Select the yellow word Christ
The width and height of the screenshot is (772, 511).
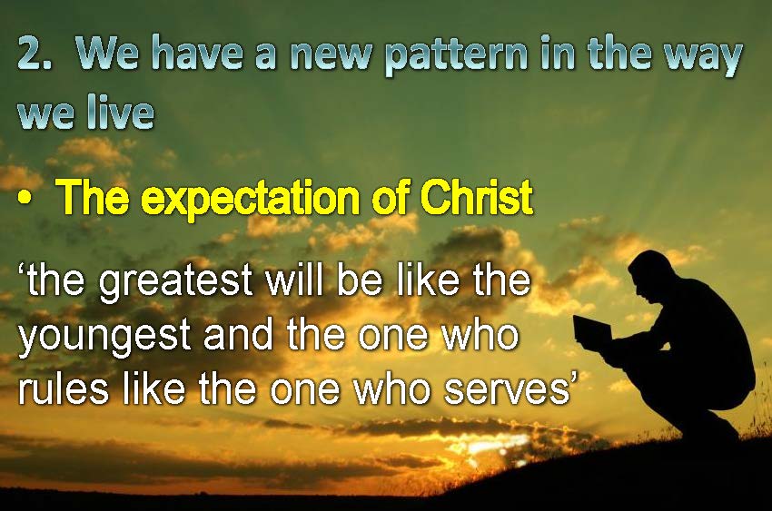tap(476, 197)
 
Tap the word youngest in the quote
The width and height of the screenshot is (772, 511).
tap(104, 338)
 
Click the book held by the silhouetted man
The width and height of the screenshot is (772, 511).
tap(592, 329)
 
